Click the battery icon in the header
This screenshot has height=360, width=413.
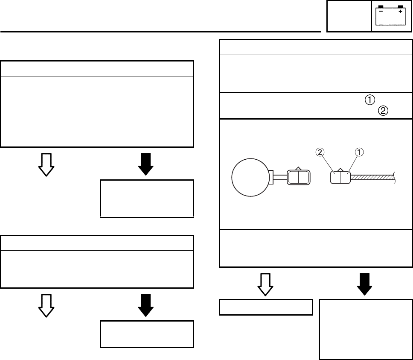coord(390,16)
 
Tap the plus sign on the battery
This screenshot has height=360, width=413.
coord(400,12)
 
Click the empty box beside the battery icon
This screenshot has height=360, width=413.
coord(349,16)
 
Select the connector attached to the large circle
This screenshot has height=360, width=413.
coord(299,177)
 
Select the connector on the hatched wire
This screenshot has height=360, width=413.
coord(340,177)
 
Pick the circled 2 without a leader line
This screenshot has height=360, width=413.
coord(383,111)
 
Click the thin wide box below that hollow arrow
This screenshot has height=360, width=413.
coord(266,307)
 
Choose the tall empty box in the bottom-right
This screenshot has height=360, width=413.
coord(365,329)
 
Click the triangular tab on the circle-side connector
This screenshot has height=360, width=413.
coord(299,168)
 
